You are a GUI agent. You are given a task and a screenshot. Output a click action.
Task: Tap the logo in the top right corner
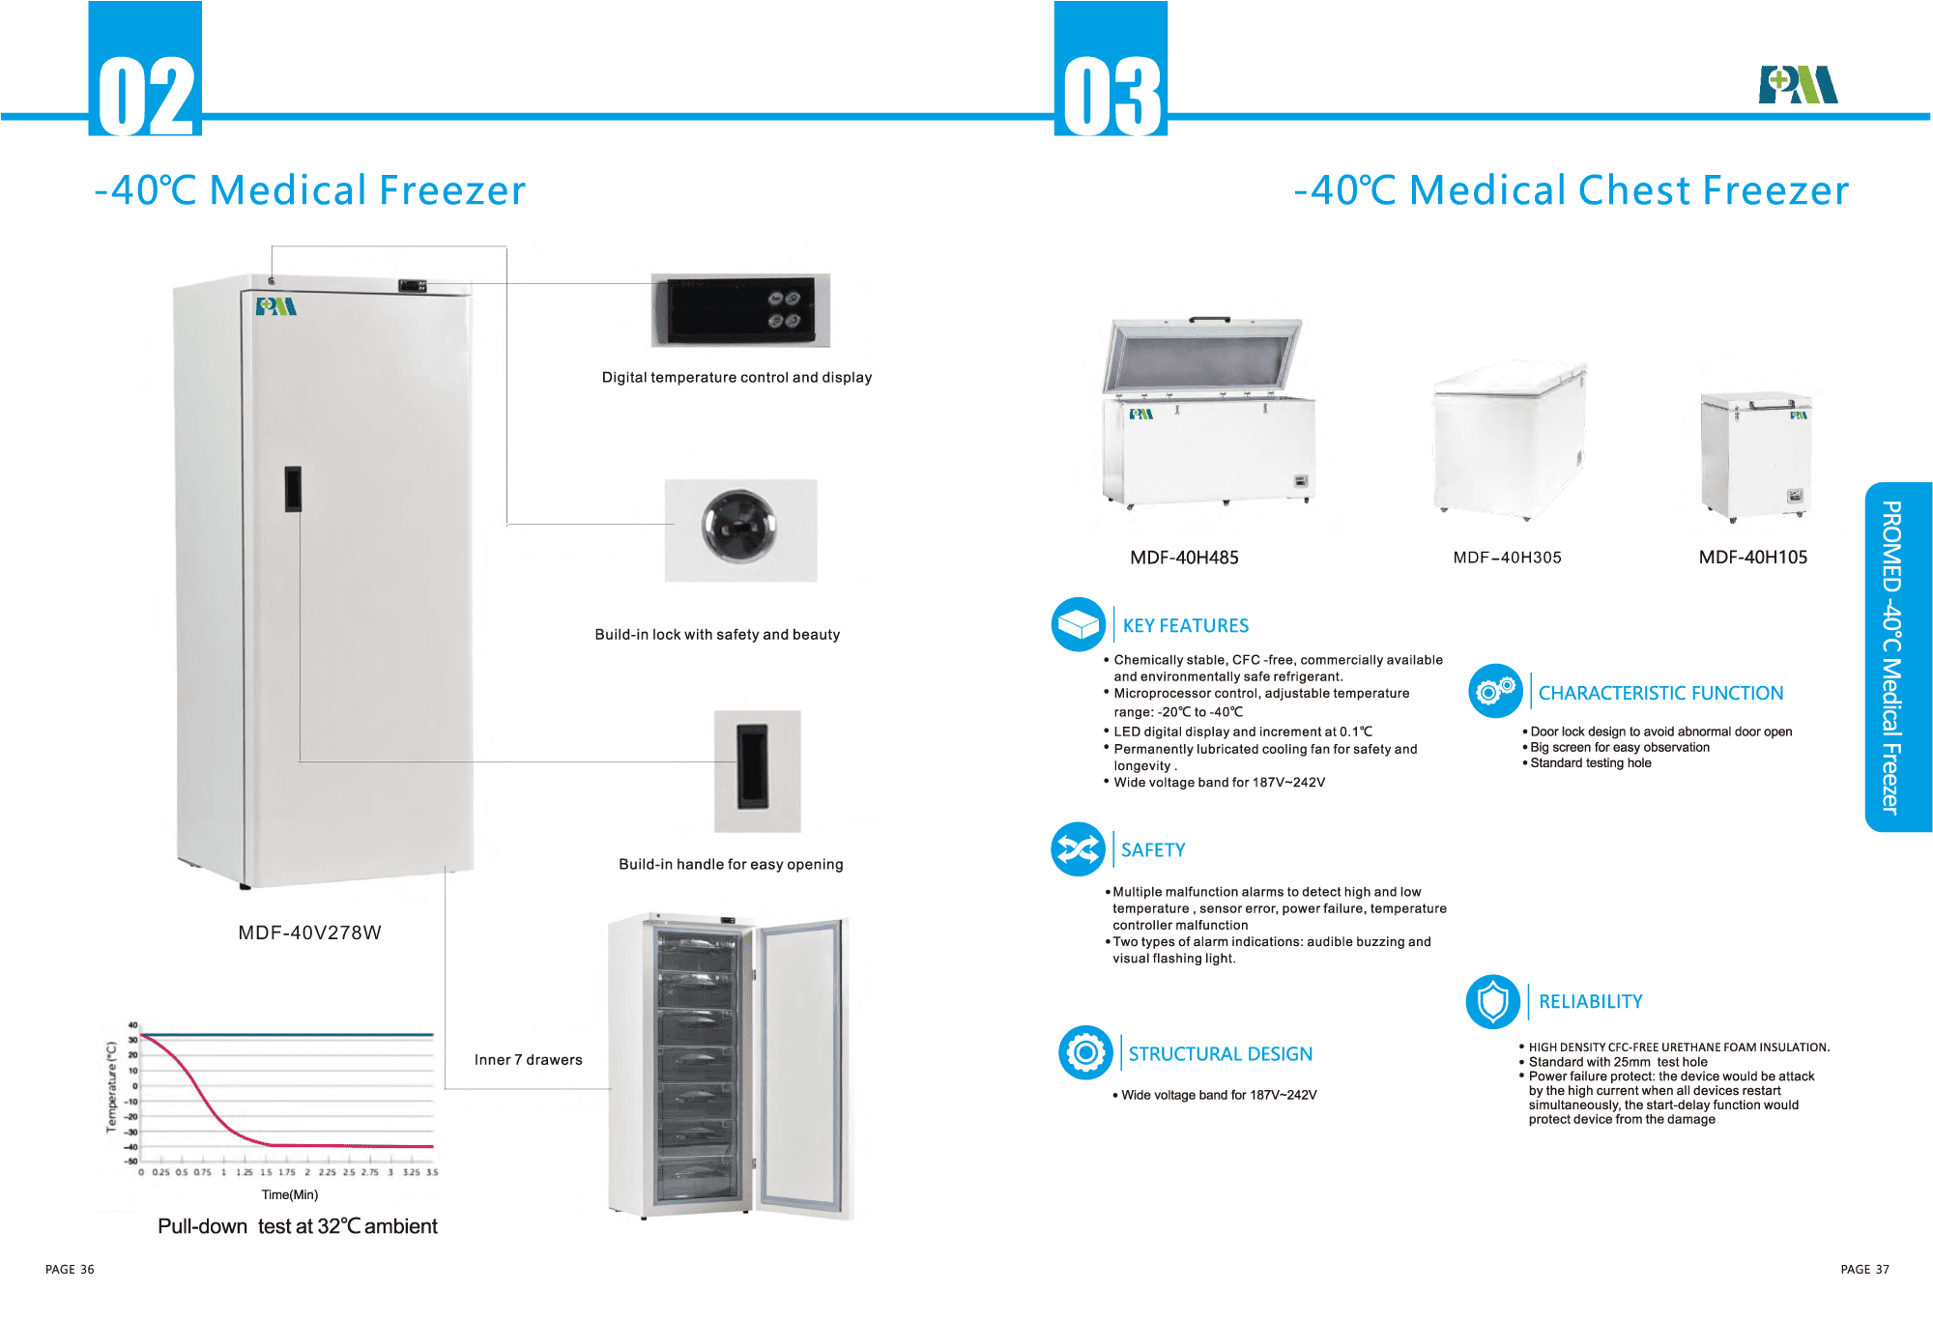1798,85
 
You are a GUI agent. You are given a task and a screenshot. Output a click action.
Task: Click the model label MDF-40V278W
309,933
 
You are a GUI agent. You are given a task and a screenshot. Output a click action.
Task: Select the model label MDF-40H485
1184,558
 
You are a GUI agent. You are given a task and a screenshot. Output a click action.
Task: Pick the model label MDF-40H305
1507,558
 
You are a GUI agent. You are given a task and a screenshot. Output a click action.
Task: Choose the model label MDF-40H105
1752,558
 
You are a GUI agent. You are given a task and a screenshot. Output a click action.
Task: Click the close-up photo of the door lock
740,530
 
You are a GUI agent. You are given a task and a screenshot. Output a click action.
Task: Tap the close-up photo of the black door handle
756,770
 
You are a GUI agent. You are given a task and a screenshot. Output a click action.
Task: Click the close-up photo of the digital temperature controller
740,310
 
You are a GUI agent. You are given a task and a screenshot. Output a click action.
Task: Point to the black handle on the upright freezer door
293,488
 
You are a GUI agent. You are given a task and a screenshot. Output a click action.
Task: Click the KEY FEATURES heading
1185,626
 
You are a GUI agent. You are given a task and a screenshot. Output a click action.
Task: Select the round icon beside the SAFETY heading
1078,849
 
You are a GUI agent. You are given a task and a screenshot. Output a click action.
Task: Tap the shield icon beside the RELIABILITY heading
1493,1001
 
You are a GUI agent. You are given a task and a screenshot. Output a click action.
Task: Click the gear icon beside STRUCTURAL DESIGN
1085,1052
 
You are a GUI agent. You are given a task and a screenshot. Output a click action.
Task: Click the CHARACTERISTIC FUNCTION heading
1660,693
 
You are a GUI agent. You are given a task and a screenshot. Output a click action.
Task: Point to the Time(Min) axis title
289,1195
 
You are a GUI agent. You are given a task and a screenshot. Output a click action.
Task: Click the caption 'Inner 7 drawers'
528,1060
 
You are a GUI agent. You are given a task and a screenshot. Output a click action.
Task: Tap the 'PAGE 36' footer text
70,1270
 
